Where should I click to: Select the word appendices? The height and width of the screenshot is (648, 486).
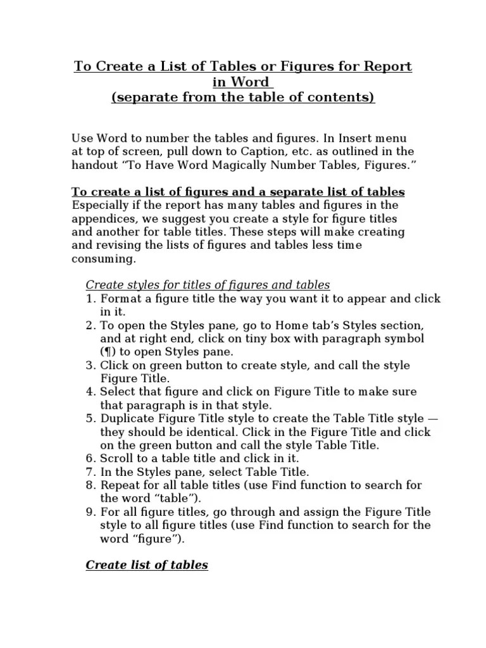coord(103,218)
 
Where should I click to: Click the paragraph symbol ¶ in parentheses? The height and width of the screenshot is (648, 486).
coord(105,352)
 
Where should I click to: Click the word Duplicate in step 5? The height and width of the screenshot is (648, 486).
coord(127,419)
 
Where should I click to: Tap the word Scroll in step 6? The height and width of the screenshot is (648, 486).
coord(116,458)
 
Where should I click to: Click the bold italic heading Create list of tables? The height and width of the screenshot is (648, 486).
coord(147,565)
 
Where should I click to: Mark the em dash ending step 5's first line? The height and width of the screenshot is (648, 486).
coord(433,419)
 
